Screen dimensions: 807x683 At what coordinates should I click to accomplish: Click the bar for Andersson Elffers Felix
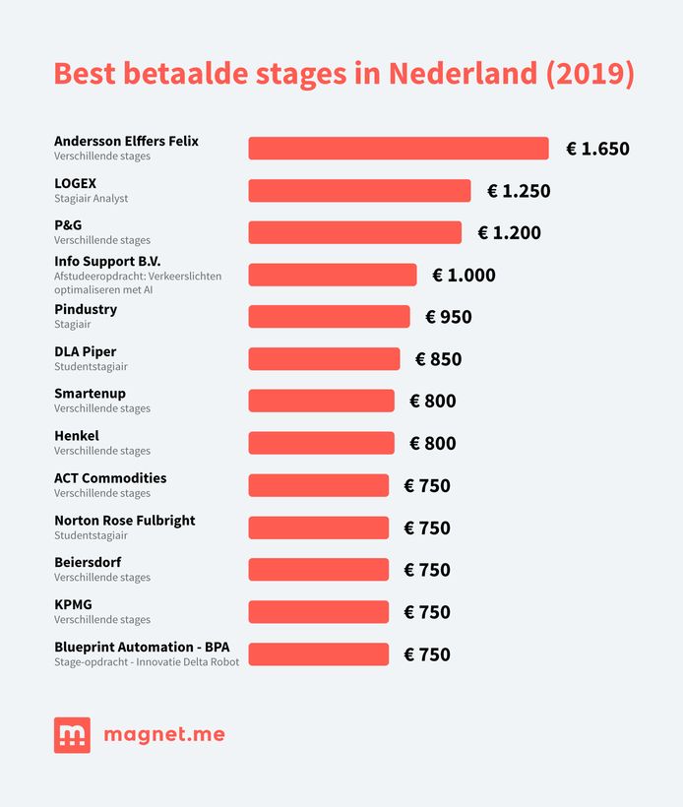(398, 149)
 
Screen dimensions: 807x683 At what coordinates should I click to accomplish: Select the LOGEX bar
(359, 191)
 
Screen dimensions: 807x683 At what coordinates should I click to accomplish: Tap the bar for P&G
(354, 232)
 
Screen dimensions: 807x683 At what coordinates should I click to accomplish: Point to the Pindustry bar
(329, 317)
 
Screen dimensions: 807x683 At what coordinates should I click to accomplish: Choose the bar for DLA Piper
(324, 359)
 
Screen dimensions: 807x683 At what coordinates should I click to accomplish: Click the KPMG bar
(318, 612)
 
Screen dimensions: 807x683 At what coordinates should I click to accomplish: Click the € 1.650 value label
(597, 150)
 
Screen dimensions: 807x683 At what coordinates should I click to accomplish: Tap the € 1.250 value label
(519, 191)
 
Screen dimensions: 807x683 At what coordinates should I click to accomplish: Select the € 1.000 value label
(464, 276)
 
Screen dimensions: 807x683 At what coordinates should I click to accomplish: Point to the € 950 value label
(449, 317)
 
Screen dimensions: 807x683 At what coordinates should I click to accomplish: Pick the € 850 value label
(438, 359)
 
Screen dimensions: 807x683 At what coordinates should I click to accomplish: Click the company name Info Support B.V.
(107, 262)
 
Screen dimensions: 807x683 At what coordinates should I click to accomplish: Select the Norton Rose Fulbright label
(125, 521)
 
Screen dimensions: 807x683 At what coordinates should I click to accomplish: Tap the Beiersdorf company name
(88, 563)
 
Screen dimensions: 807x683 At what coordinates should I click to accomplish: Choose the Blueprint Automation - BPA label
(149, 648)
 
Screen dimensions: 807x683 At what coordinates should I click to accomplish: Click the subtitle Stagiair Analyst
(92, 199)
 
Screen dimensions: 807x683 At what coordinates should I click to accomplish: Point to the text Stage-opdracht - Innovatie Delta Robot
(147, 662)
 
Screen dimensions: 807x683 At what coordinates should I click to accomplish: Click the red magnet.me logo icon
(72, 735)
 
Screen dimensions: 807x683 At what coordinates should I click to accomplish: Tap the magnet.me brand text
(163, 735)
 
